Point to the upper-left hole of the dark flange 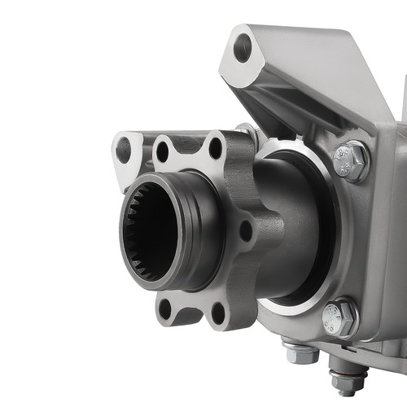pos(163,151)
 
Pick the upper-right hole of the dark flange pos(215,148)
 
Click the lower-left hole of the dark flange pos(165,309)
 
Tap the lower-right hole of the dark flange pos(217,312)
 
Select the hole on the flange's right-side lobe pos(245,230)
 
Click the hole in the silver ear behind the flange pos(123,149)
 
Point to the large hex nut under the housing pos(300,352)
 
